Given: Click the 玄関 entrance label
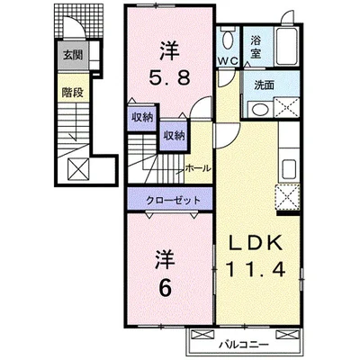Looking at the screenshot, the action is tap(73, 55).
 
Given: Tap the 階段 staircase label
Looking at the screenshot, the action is tap(72, 93).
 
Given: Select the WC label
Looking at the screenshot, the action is tap(228, 61).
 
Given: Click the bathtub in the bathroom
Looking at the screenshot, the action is tap(287, 46).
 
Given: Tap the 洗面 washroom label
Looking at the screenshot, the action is tap(264, 85).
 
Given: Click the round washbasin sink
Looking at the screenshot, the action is tap(260, 109).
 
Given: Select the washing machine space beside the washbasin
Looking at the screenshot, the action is tap(286, 108).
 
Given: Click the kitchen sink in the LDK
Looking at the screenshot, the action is tap(289, 170).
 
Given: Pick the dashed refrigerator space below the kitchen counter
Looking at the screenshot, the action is tap(287, 197).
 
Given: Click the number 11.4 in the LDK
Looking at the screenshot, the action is tap(256, 269).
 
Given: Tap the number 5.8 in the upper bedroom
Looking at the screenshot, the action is tap(170, 78).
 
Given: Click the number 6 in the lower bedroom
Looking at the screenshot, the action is tap(166, 289).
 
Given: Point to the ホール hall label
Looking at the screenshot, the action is tap(198, 168).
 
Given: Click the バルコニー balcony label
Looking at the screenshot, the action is tap(243, 344).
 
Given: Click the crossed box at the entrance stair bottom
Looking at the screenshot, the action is tap(78, 169).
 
